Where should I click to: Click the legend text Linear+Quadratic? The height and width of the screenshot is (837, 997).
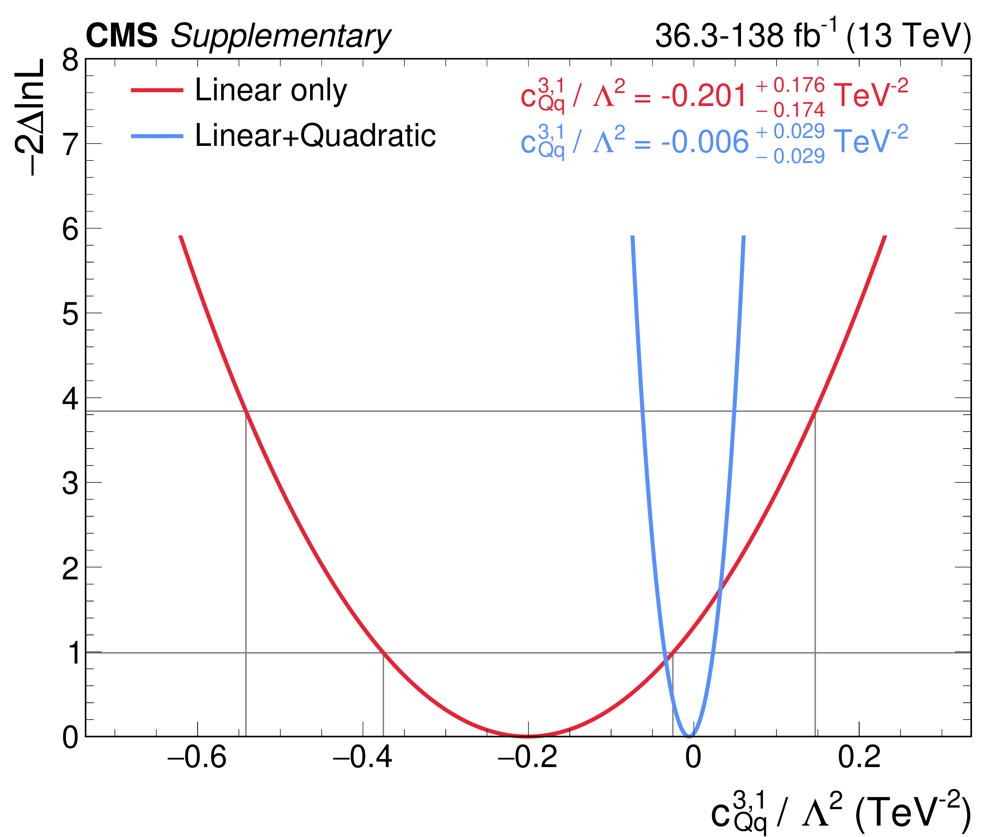(x=315, y=136)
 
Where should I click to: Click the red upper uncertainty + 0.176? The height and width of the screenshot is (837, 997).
(x=790, y=85)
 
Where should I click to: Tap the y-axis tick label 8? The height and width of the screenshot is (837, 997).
(x=70, y=61)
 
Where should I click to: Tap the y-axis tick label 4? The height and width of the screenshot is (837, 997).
(x=70, y=399)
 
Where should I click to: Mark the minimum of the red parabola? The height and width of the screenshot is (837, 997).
(x=528, y=735)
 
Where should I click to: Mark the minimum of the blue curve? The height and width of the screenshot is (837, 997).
(x=689, y=735)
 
